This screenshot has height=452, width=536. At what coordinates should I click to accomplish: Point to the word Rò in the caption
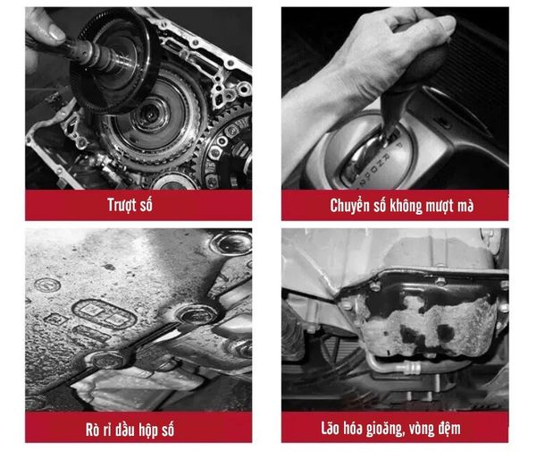tap(93, 430)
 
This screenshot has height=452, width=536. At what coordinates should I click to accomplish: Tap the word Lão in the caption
tap(330, 428)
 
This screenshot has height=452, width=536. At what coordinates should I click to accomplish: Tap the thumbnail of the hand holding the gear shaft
tap(138, 98)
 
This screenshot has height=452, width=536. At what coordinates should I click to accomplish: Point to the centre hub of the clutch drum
tap(149, 114)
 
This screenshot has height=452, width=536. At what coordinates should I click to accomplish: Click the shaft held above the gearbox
tap(92, 55)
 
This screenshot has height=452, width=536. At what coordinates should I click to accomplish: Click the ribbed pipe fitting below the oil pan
tap(412, 368)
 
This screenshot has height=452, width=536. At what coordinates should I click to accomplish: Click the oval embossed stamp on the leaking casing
tap(105, 313)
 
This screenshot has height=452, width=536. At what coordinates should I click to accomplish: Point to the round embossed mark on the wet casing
tap(47, 285)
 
